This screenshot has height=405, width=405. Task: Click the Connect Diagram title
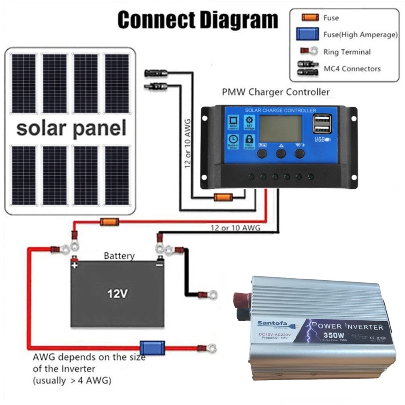click(x=198, y=19)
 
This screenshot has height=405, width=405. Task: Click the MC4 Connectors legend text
click(x=352, y=68)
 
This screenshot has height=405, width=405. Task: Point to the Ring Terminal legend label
click(x=347, y=52)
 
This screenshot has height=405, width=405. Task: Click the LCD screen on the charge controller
click(x=280, y=128)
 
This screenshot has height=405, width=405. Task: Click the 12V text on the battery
click(x=117, y=293)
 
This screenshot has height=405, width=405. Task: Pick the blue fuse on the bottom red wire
click(x=152, y=347)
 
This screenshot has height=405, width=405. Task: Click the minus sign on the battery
click(x=160, y=265)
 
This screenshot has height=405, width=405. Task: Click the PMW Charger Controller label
click(x=276, y=92)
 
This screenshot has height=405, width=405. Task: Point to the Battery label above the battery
click(x=119, y=256)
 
